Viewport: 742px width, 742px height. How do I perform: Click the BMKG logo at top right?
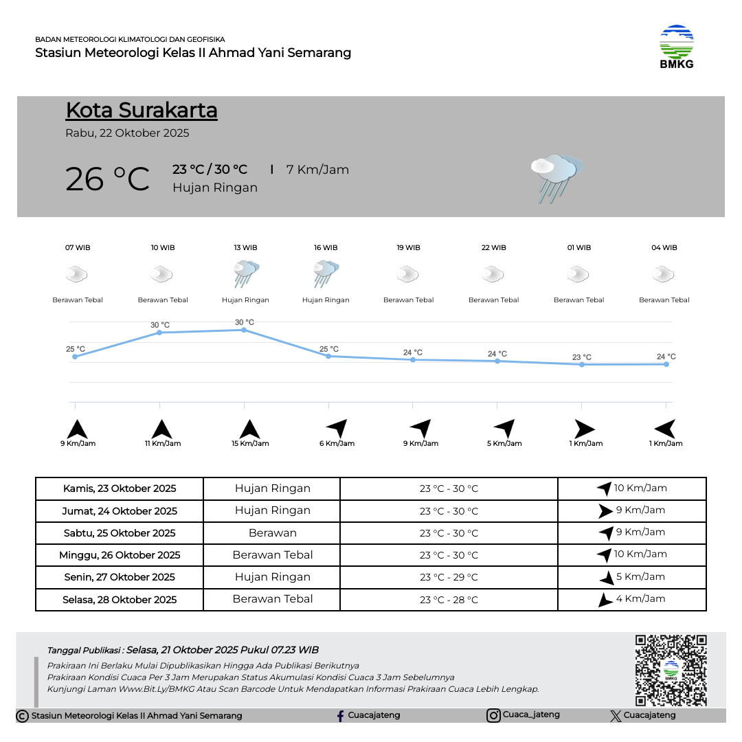[x=676, y=46]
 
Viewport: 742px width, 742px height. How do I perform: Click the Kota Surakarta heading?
[x=142, y=110]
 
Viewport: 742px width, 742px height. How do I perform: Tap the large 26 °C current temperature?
[x=107, y=179]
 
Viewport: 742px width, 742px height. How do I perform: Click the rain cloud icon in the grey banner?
[x=556, y=177]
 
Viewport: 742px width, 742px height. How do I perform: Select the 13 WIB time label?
[x=245, y=247]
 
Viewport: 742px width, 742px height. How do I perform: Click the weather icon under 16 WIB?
[x=326, y=274]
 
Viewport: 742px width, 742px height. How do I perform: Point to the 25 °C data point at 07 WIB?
[x=75, y=357]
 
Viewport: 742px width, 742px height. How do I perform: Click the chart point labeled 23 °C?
[x=582, y=364]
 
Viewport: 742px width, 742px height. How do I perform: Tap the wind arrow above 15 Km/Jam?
[x=249, y=429]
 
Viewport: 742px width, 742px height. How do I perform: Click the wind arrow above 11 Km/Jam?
[x=161, y=429]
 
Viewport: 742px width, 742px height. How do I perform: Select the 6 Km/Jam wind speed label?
[x=337, y=444]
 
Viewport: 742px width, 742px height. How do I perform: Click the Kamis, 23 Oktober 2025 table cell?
[x=120, y=488]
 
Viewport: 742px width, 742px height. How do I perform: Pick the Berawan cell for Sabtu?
[x=273, y=533]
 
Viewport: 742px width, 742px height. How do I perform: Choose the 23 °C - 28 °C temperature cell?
[x=449, y=600]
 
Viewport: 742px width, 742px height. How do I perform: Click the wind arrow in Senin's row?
[x=607, y=578]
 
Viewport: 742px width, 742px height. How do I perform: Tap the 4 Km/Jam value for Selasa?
[x=640, y=598]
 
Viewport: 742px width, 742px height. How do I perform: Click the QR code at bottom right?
[x=671, y=670]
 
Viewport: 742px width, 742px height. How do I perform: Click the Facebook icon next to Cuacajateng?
[x=340, y=716]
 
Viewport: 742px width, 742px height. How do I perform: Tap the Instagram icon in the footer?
[x=493, y=716]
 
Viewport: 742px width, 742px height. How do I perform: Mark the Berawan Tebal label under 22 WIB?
[x=493, y=300]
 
